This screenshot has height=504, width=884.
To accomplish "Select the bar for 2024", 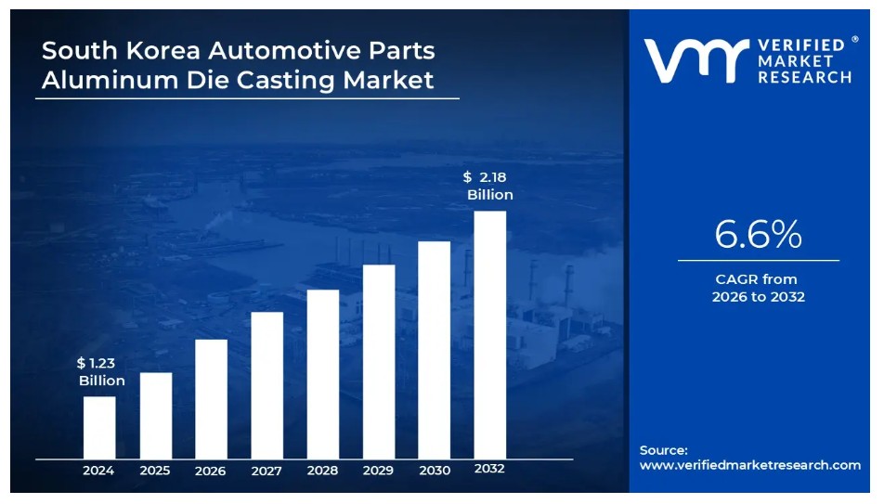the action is coord(99,427).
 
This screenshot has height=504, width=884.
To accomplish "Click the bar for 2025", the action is coord(156,416).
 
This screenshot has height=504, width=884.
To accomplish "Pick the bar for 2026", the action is coord(212,399).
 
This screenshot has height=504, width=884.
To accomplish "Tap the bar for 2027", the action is coord(267,385).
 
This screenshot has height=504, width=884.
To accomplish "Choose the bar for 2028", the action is coord(323,374).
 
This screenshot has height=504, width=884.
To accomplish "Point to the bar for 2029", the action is coord(379,362).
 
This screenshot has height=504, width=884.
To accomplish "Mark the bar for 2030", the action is coord(435,350).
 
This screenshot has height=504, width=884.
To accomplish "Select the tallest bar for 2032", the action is coord(490,335).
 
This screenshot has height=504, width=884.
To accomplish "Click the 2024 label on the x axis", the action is coord(98,471).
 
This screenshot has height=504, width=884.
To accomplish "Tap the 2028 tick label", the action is coord(322,471).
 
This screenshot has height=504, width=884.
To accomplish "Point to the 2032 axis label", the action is coord(489,469).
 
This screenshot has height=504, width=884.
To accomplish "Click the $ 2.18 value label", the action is coord(485,177).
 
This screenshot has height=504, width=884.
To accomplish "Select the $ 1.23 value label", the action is coord(96,363).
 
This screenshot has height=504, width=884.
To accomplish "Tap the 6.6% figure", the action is coord(759,234).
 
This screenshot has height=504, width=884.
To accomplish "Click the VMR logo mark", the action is coord(696,60).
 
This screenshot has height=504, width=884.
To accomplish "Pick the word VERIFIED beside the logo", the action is coord(801,45).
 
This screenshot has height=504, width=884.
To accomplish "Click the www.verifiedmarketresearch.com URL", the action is coord(750,465).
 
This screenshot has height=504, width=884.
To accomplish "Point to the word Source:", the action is coord(664,450).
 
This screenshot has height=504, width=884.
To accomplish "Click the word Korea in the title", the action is coord(162,50).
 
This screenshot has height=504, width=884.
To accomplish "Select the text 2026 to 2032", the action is coord(759,296).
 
